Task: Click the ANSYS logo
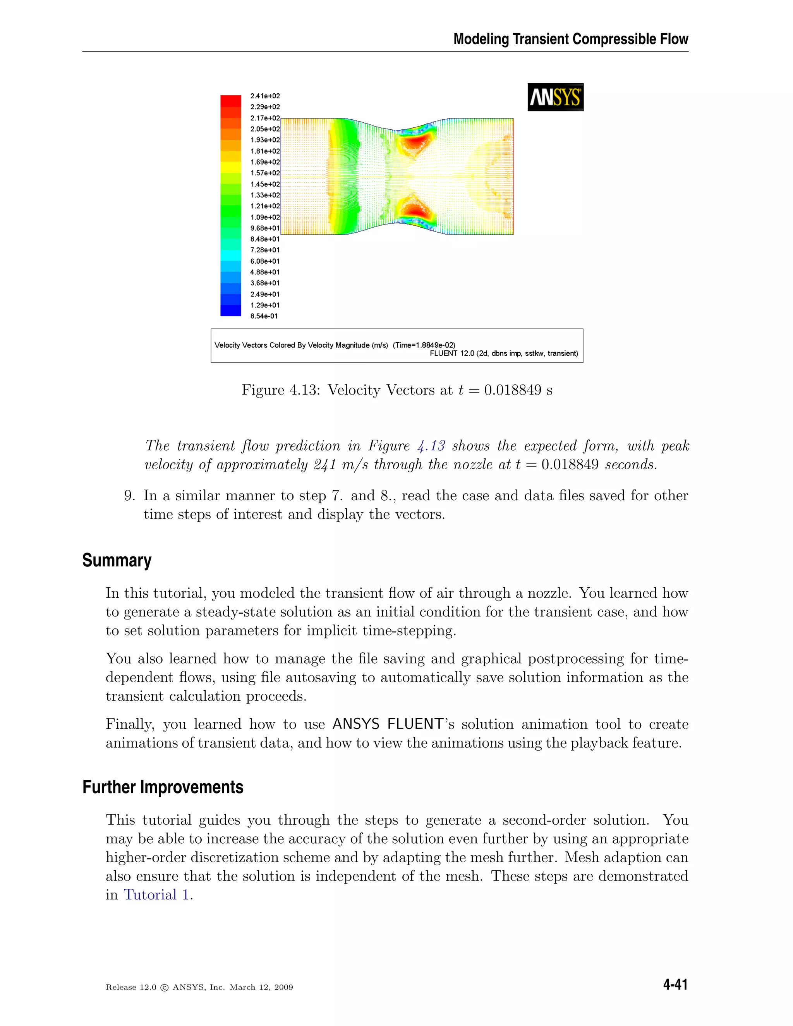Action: click(x=555, y=97)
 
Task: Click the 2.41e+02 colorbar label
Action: click(x=265, y=96)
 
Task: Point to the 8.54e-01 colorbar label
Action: click(x=264, y=316)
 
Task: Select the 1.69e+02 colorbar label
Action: click(x=265, y=162)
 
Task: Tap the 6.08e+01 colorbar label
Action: click(x=265, y=261)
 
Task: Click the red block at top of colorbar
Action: click(x=231, y=101)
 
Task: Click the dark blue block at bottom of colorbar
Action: click(x=231, y=311)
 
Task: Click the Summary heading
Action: click(x=117, y=561)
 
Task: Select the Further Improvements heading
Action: click(x=163, y=787)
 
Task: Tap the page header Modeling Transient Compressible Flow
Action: click(x=571, y=39)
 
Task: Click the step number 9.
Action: click(x=130, y=496)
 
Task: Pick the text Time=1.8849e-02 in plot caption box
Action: click(x=424, y=345)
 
